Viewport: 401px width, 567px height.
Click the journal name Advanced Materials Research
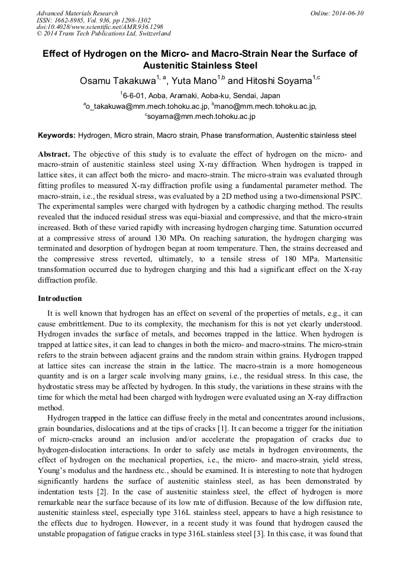(77, 13)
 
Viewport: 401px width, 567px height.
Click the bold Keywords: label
(57, 135)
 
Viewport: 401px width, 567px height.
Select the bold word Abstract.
(54, 154)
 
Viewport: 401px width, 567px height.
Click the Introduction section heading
(60, 299)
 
